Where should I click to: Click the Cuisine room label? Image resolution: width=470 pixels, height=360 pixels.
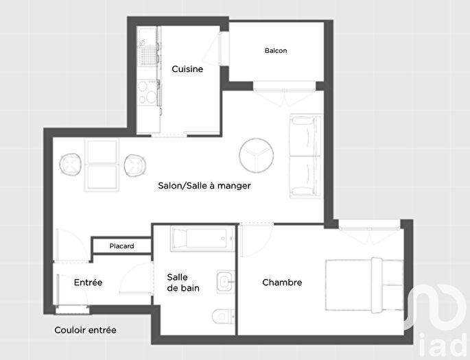[187, 69]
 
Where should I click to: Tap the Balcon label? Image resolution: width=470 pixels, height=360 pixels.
[276, 51]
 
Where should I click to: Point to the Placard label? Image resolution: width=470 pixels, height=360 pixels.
[122, 246]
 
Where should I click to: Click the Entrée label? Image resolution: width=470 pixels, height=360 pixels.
[88, 282]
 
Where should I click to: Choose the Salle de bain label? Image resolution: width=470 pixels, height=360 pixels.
[183, 283]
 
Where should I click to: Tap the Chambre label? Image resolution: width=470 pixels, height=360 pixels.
[282, 282]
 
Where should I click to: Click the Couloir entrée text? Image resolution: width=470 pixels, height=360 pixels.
[85, 330]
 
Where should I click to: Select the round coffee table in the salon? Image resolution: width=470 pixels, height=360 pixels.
[257, 155]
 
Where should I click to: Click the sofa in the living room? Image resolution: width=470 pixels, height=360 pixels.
[305, 156]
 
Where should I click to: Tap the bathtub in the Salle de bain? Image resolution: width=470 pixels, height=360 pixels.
[200, 239]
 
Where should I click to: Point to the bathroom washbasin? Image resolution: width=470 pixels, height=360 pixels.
[225, 282]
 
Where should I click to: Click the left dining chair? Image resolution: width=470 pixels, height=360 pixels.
[71, 165]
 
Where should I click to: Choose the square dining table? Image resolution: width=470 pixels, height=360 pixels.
[102, 165]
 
